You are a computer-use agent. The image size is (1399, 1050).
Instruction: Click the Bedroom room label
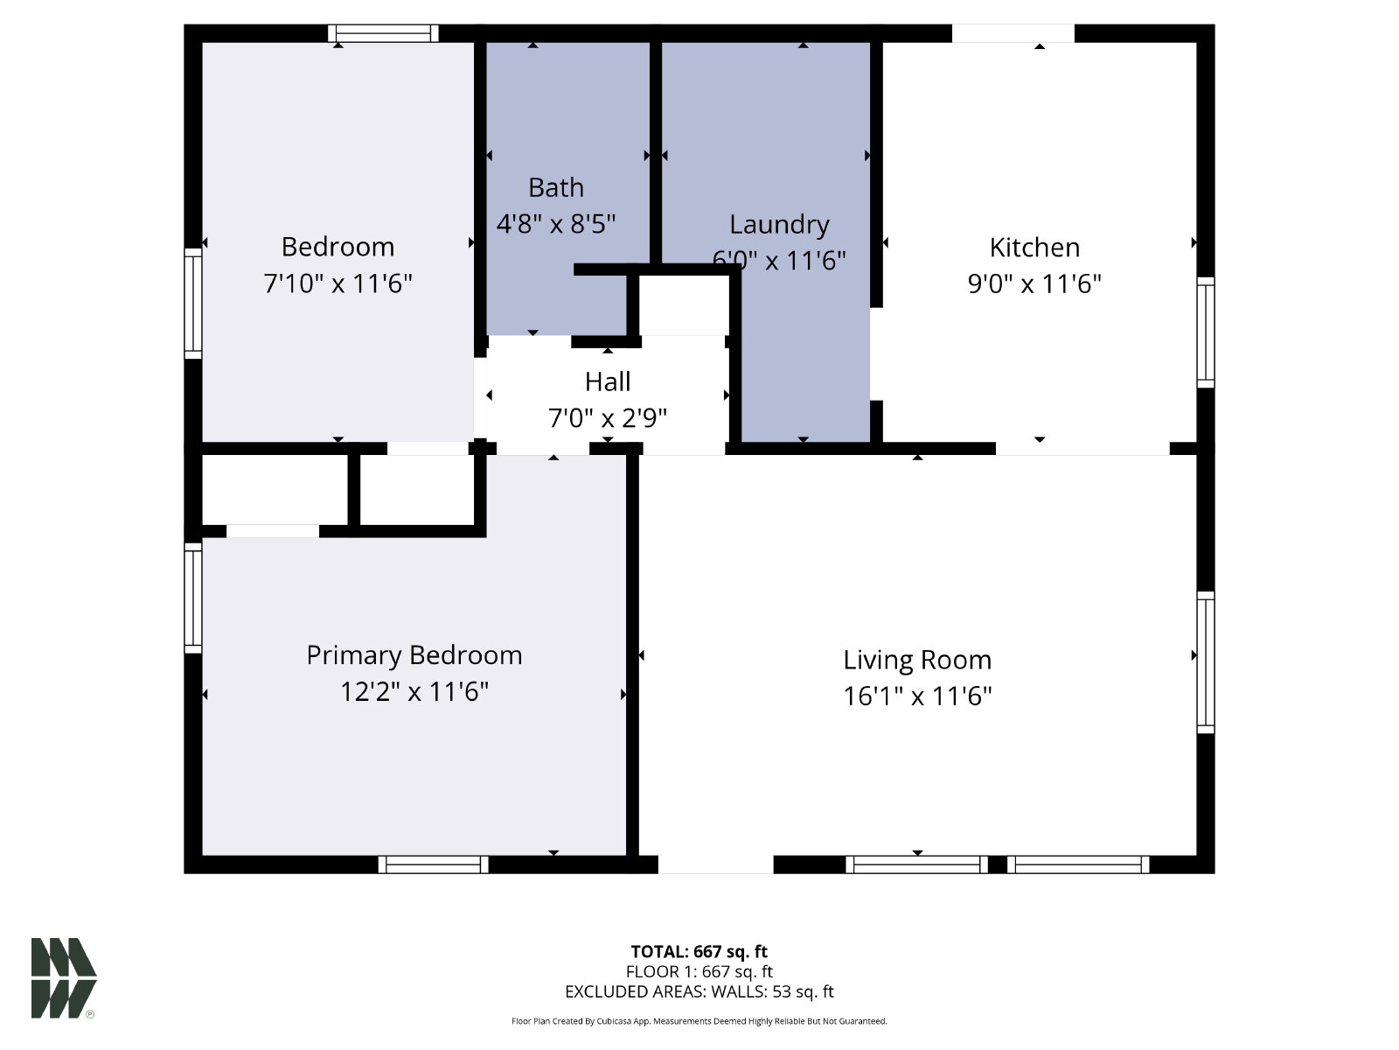click(338, 247)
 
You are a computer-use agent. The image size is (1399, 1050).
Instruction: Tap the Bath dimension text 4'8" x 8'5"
click(556, 224)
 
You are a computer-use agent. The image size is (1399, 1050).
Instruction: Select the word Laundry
click(779, 225)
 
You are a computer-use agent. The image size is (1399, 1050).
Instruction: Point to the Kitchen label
click(1034, 248)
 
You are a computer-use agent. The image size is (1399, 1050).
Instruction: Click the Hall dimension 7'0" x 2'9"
click(608, 418)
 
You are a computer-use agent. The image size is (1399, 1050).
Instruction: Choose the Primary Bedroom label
click(414, 655)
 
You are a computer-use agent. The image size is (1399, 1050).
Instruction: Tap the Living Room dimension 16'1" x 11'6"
click(917, 696)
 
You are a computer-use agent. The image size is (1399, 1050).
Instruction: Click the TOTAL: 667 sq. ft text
click(699, 952)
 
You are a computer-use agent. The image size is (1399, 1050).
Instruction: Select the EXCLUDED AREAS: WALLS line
click(699, 991)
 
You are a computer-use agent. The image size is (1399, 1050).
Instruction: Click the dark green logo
click(64, 978)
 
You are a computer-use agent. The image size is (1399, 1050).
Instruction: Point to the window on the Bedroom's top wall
click(383, 33)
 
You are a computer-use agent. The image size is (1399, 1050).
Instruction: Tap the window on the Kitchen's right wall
click(1205, 332)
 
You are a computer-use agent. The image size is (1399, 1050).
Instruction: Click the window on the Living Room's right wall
click(1205, 662)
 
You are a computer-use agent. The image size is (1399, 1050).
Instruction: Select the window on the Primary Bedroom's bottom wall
click(434, 864)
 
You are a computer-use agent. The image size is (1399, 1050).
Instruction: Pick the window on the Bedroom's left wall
click(193, 304)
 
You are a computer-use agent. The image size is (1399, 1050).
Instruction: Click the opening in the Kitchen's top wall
click(1013, 33)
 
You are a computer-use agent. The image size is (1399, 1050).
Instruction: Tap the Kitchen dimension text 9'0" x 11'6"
click(1034, 283)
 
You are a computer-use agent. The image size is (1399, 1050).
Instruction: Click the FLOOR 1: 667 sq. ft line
click(699, 971)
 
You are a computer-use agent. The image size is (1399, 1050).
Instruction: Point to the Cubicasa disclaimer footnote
click(699, 1021)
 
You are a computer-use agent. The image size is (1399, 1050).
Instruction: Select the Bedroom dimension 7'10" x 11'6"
click(338, 283)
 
